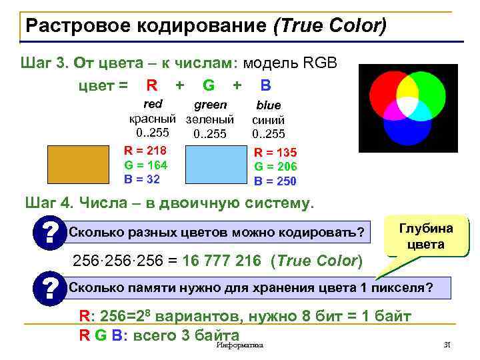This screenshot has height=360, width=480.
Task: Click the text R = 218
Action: point(145,151)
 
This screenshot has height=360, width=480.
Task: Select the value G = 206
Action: point(275,167)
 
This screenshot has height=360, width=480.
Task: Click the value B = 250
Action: point(275,181)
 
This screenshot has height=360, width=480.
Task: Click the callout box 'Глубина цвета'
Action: point(425,237)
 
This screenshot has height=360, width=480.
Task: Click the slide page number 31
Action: point(447,345)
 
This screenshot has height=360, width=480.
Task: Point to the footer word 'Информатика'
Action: point(240,345)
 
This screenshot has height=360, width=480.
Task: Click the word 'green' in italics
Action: point(210,105)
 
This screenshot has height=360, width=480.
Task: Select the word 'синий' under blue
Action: point(269,120)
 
